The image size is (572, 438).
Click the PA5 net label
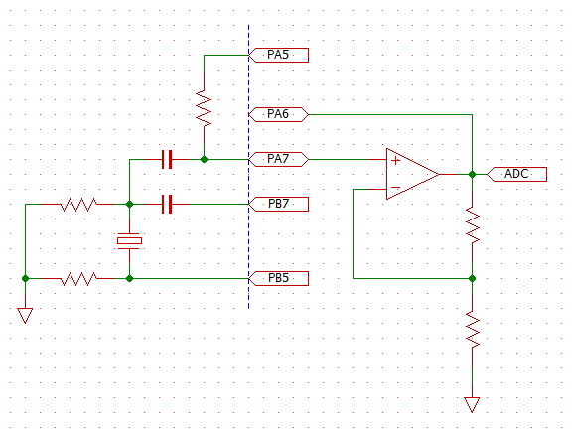point(278,55)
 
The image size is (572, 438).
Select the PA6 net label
point(278,114)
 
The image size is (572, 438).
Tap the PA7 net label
point(278,159)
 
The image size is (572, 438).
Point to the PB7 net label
point(278,204)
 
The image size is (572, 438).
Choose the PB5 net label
point(278,278)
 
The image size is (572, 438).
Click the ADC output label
point(517,174)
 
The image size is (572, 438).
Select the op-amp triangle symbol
point(412,174)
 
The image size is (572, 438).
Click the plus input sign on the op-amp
point(395,160)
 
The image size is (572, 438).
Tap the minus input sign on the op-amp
point(395,188)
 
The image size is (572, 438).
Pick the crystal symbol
point(129,241)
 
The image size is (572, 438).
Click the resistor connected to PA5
point(204,109)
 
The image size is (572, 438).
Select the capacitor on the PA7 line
point(167,159)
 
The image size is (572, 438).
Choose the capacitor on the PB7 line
point(167,204)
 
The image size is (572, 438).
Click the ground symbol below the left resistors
point(25,316)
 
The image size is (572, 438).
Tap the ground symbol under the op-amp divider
point(472,405)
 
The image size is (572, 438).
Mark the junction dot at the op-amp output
point(472,174)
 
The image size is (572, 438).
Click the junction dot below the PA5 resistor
point(204,159)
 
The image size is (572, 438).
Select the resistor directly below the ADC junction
point(473,225)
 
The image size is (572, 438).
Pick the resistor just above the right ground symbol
point(473,330)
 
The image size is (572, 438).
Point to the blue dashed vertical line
point(249,167)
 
